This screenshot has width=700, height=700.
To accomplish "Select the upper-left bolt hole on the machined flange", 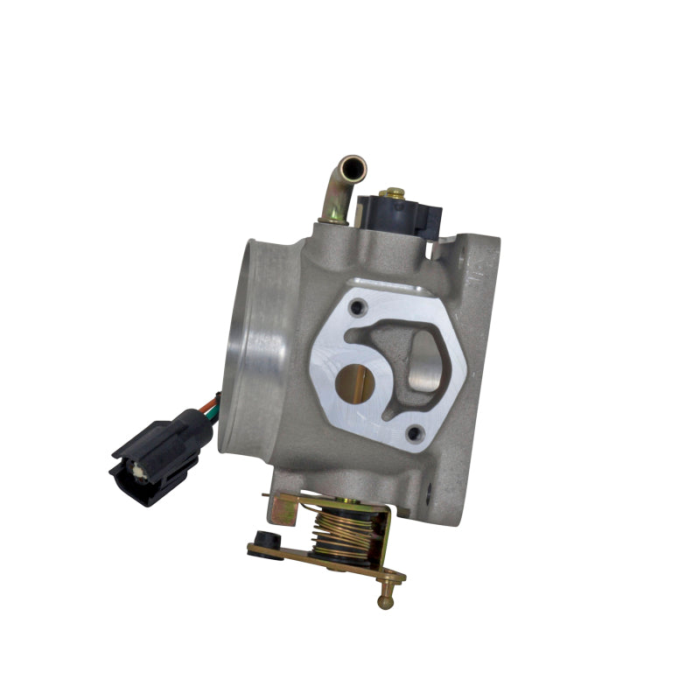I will coord(356,308).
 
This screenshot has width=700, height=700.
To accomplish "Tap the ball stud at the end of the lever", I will coord(384,601).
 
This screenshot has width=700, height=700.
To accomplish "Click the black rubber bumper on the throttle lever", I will coord(262,540).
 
